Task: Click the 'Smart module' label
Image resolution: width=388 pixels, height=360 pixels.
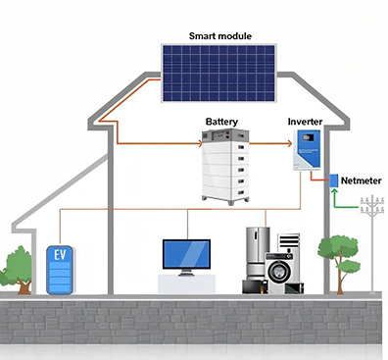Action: [219, 36]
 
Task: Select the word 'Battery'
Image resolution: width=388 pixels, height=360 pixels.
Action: [221, 122]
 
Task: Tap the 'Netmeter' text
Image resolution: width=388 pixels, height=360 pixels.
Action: [363, 180]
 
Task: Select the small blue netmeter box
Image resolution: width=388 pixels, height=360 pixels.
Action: [333, 180]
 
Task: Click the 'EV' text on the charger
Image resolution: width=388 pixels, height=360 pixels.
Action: [60, 256]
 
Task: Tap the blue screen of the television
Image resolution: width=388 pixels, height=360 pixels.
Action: [187, 254]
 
